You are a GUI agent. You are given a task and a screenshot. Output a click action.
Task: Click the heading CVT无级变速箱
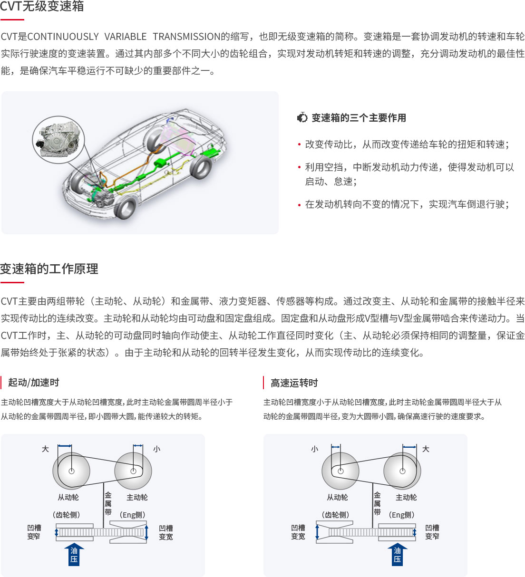[42, 6]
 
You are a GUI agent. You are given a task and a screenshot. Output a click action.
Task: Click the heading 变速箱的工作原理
[49, 269]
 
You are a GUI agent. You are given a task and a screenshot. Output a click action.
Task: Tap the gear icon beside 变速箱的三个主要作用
[302, 117]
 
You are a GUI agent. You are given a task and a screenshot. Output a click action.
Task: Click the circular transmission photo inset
[58, 140]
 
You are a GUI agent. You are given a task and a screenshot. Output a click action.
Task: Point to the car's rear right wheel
[201, 166]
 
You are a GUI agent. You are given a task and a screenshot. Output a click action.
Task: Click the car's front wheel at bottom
[125, 207]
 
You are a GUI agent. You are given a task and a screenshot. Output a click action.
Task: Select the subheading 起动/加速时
[33, 383]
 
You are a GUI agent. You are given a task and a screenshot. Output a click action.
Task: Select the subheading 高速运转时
[294, 383]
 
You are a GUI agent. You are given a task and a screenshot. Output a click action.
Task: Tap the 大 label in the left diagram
[45, 449]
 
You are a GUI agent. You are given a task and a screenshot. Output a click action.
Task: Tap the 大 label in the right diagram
[426, 449]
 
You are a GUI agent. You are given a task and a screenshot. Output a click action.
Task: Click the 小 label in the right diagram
[315, 449]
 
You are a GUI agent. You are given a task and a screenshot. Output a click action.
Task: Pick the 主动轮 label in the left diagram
[137, 497]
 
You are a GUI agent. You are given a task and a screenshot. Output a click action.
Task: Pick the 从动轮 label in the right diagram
[337, 497]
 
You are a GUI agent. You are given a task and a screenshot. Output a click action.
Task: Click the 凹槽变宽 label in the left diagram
[166, 532]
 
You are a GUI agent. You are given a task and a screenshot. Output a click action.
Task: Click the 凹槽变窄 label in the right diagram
[432, 532]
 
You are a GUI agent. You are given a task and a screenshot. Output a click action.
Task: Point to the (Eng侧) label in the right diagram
[401, 515]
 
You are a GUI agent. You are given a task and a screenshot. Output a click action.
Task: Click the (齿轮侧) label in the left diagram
[66, 515]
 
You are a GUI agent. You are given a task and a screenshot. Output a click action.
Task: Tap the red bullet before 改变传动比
[299, 144]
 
